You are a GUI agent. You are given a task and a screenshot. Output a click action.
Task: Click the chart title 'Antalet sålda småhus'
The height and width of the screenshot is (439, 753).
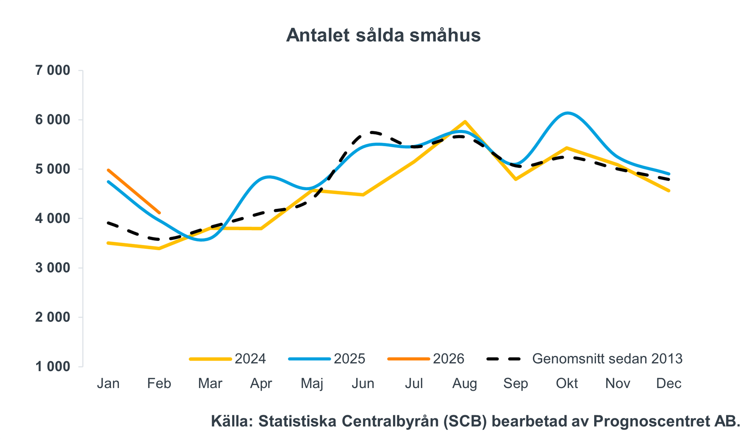point(383,35)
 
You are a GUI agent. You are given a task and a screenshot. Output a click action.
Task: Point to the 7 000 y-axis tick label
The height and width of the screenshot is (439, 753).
point(53,70)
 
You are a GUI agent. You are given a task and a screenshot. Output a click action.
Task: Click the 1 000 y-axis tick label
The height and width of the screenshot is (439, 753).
point(53,366)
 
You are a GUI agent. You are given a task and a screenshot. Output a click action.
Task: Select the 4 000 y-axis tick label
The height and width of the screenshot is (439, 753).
point(53,219)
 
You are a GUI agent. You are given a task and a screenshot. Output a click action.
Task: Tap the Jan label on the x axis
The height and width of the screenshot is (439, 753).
point(108,384)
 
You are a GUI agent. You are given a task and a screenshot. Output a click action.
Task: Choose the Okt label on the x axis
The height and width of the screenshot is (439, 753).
point(567,384)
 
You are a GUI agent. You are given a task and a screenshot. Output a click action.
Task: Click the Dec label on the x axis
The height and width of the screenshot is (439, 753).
point(669,384)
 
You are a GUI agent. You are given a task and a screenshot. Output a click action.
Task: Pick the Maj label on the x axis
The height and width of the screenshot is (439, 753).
point(312,384)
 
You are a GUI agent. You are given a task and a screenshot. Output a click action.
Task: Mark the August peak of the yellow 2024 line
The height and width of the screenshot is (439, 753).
point(465,122)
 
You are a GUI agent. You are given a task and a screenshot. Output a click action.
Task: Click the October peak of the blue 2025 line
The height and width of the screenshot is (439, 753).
point(567,113)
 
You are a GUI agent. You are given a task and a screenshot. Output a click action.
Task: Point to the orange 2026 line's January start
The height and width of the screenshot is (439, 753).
point(108,170)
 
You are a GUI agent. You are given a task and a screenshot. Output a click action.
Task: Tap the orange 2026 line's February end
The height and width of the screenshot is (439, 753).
point(159,213)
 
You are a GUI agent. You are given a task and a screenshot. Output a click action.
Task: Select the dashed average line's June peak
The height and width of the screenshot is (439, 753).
point(372,132)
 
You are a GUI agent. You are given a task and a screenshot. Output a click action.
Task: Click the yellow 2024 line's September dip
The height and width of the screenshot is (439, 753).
point(516,179)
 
